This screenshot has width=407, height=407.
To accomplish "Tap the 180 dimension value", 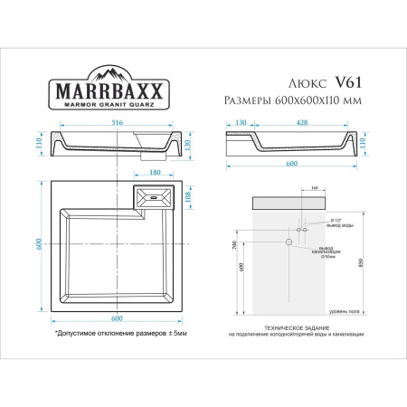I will coord(155,173).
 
